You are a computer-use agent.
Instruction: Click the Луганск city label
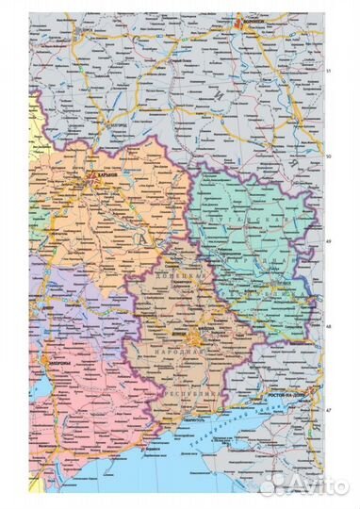[x=280, y=282]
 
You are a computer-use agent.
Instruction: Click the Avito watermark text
[x=309, y=486]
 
